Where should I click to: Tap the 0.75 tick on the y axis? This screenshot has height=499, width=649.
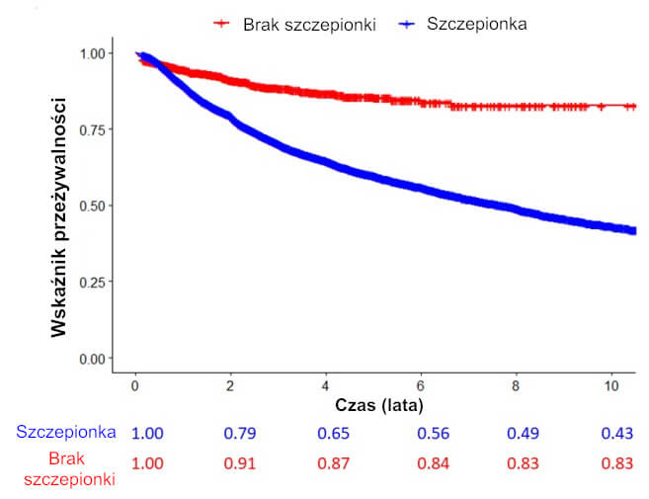[96, 128]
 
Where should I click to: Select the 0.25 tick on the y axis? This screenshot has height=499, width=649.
[96, 282]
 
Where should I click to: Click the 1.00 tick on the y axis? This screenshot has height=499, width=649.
[96, 52]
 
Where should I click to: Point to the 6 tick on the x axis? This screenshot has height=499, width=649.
[422, 383]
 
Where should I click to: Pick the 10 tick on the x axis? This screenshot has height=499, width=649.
[611, 383]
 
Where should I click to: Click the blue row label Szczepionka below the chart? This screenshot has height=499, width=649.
[66, 432]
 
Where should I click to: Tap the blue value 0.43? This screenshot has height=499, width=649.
[617, 433]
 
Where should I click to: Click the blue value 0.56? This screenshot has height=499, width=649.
[425, 433]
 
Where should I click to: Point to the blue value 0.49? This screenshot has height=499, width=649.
[523, 433]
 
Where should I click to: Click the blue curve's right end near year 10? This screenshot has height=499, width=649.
[629, 230]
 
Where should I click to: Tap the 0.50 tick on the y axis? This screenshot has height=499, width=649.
[96, 206]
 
